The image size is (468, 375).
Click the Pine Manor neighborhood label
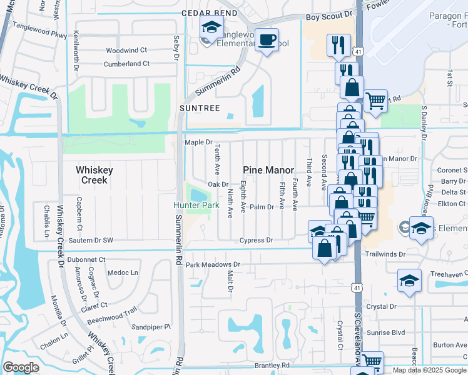268,170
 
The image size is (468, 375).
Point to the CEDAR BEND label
210,13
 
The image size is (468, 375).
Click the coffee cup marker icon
267,41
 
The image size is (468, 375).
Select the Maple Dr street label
199,142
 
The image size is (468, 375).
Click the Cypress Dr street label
257,240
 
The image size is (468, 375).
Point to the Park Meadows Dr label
213,265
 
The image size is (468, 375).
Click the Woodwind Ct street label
126,50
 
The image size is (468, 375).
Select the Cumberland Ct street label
127,64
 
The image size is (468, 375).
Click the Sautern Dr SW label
91,240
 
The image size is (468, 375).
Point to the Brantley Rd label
272,365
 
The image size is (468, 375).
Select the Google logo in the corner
21,367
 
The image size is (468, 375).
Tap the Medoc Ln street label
123,272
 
